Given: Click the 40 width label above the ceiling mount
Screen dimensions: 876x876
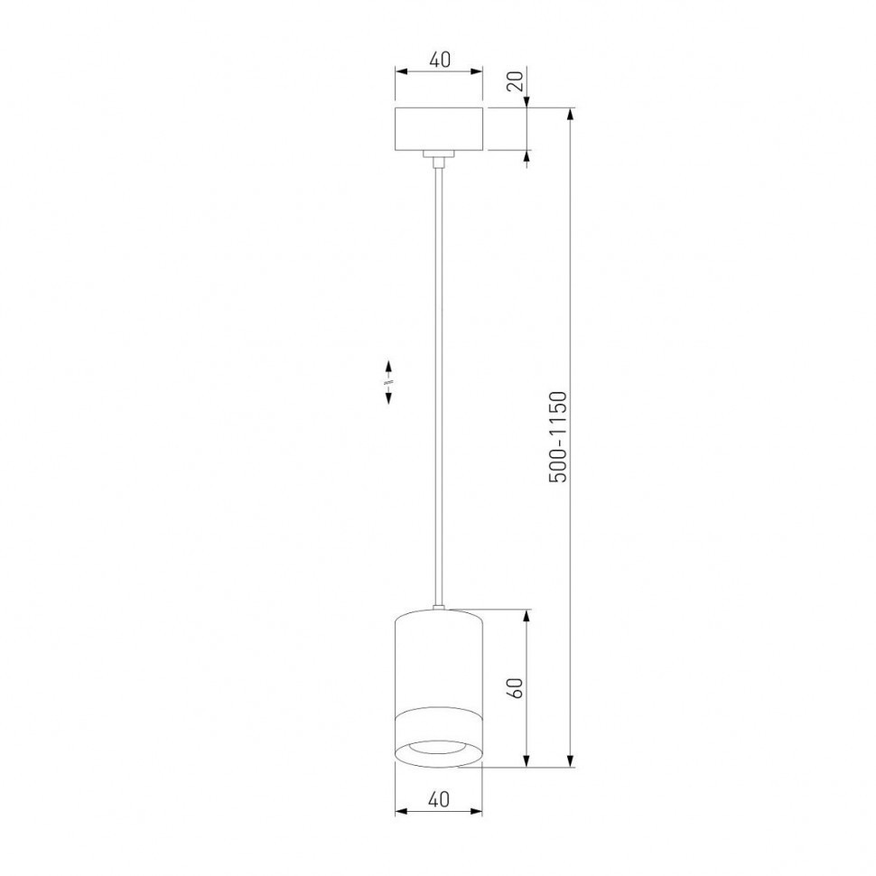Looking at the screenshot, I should (x=440, y=61).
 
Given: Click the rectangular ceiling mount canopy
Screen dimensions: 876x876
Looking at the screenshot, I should (x=440, y=129).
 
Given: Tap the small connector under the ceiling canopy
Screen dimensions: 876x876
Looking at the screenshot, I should (x=440, y=159).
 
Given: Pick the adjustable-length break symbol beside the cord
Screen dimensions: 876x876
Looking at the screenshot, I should (x=388, y=382).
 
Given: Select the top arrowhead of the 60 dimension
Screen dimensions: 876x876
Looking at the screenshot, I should (x=527, y=615).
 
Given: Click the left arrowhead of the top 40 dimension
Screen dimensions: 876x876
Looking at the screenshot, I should (x=401, y=72).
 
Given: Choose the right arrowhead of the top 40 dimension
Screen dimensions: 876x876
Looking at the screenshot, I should (x=480, y=72).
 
